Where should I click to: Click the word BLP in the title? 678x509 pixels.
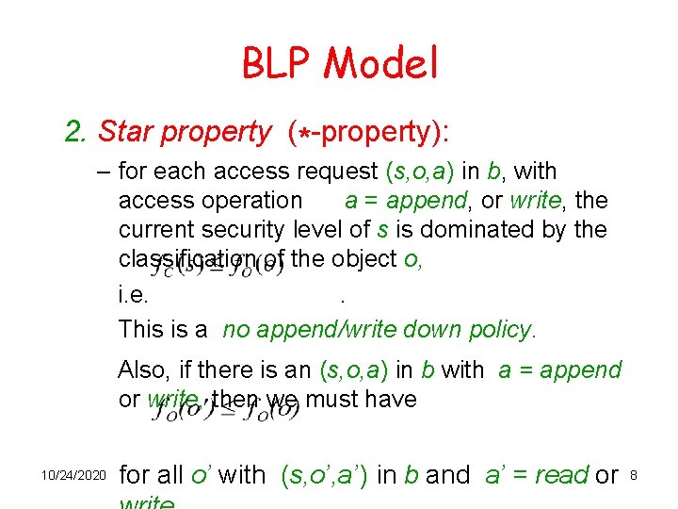pos(278,63)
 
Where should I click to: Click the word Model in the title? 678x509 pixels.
pos(381,63)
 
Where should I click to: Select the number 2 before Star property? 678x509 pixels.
pos(74,133)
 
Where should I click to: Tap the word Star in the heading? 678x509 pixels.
pos(126,133)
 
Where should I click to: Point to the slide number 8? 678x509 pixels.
pos(634,476)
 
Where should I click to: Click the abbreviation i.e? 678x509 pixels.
pos(133,297)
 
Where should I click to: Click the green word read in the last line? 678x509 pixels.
pos(562,475)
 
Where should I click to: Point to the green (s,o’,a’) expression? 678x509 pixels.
pos(325,475)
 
